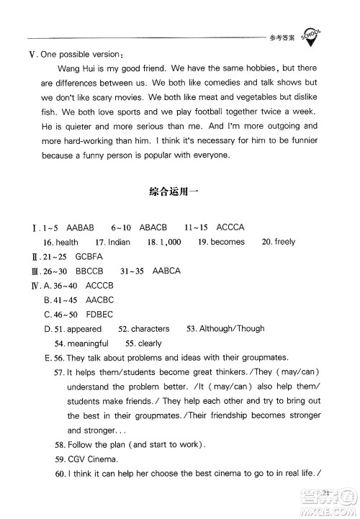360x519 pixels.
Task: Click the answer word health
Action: coord(66,242)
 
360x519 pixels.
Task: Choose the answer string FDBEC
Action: coord(101,314)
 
